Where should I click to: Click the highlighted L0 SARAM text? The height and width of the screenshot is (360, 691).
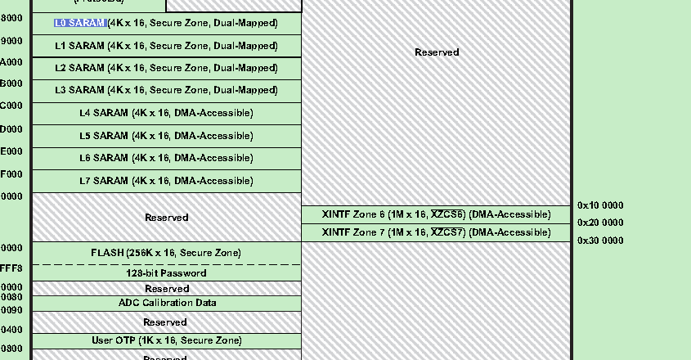[x=80, y=23]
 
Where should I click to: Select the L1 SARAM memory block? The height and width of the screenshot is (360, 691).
[x=167, y=46]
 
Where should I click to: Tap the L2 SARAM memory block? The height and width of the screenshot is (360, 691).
[x=167, y=68]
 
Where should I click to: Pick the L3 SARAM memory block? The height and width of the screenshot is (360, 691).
[x=167, y=90]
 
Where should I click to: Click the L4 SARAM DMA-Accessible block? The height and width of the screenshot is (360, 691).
[x=167, y=113]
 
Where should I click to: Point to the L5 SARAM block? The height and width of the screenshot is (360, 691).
[x=167, y=136]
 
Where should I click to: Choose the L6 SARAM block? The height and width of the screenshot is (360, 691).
[x=167, y=158]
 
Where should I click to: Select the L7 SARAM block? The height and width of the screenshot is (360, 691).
[x=167, y=181]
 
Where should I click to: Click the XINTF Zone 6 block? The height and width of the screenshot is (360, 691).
[x=436, y=214]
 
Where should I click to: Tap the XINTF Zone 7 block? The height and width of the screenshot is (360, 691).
[x=436, y=232]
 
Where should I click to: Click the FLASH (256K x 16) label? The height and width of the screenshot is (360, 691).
[x=166, y=253]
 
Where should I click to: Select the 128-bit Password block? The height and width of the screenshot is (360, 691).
[x=166, y=273]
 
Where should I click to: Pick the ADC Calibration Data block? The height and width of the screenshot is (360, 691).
[x=167, y=303]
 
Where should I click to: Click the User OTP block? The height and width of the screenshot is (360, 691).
[x=167, y=340]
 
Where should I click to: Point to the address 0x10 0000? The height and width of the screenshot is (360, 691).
[x=600, y=205]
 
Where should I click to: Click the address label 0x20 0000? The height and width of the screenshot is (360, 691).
[x=600, y=223]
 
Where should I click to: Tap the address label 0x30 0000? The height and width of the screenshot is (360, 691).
[x=600, y=241]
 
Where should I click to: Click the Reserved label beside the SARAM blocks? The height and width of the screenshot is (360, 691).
[x=437, y=52]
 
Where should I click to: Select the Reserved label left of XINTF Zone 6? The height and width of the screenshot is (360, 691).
[x=167, y=218]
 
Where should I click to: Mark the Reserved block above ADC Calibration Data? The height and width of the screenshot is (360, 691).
[x=167, y=289]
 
